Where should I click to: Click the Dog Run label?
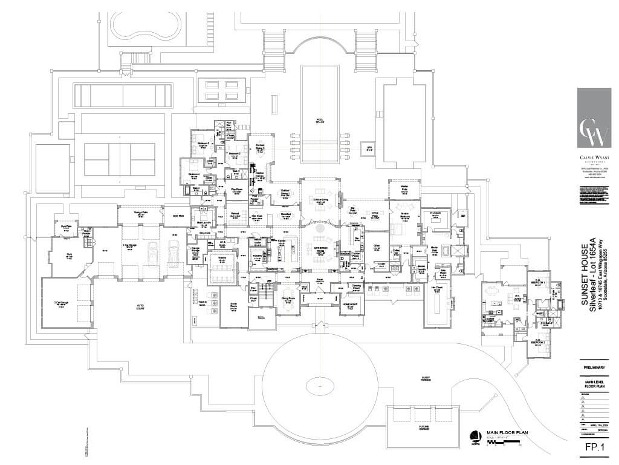click(x=178, y=216)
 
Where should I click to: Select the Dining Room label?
click(x=288, y=298)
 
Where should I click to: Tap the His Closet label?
click(x=435, y=213)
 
